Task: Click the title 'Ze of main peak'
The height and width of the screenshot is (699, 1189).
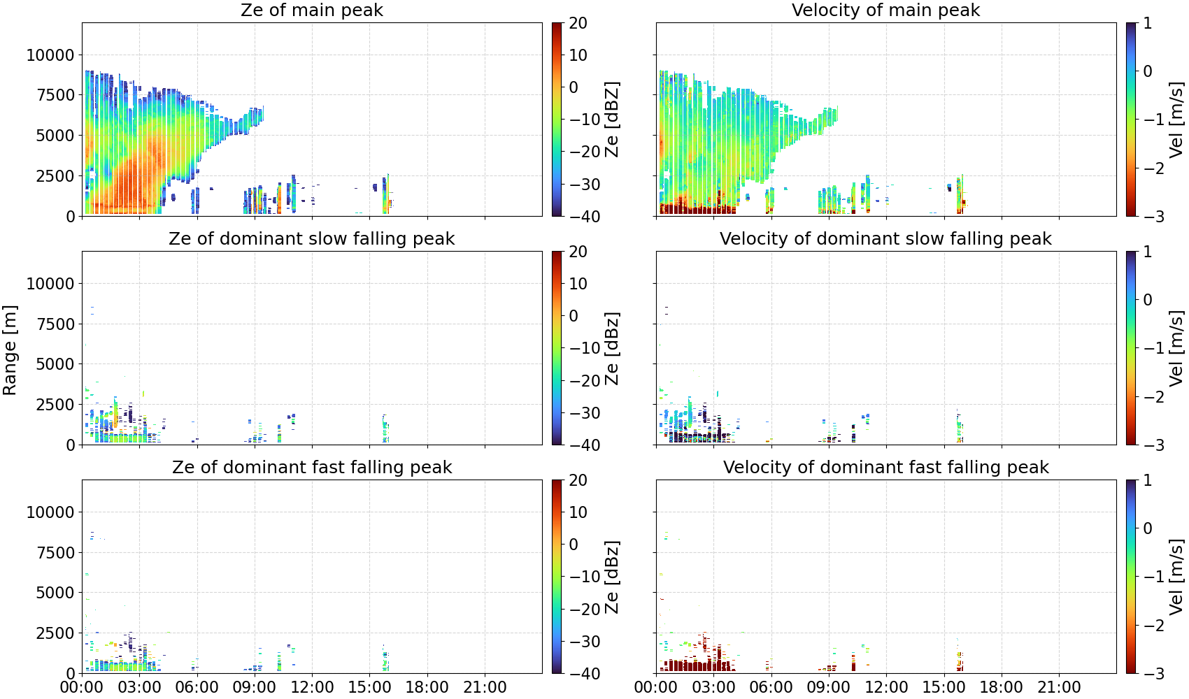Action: pyautogui.click(x=311, y=10)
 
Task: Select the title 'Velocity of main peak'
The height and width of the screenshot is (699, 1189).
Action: pyautogui.click(x=886, y=10)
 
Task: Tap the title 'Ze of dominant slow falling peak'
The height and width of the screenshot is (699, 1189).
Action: pyautogui.click(x=311, y=238)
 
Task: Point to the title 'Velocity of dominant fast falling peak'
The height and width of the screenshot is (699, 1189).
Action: pyautogui.click(x=886, y=467)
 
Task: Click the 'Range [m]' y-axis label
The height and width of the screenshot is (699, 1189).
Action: pyautogui.click(x=10, y=350)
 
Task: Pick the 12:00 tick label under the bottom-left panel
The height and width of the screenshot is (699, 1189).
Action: pyautogui.click(x=312, y=687)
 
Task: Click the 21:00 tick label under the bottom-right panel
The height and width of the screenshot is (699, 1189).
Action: pyautogui.click(x=1059, y=687)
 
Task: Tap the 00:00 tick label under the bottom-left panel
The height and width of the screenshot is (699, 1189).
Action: pyautogui.click(x=83, y=687)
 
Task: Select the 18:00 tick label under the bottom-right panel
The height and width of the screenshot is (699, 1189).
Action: pyautogui.click(x=1002, y=687)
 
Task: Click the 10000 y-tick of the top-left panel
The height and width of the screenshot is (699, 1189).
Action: pyautogui.click(x=50, y=55)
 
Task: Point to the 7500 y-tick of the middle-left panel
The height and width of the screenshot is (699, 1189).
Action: pyautogui.click(x=55, y=324)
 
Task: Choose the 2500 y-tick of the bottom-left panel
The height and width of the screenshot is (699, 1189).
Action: pyautogui.click(x=55, y=633)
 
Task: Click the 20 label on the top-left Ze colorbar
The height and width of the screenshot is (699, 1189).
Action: pyautogui.click(x=578, y=23)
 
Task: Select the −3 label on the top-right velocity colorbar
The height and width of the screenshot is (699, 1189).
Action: pyautogui.click(x=1148, y=217)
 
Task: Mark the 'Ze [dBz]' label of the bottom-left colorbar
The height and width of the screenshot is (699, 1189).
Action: pyautogui.click(x=611, y=577)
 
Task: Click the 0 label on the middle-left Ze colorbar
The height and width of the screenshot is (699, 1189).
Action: pyautogui.click(x=574, y=316)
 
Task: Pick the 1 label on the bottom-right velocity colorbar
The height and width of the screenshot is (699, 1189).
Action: pyautogui.click(x=1148, y=480)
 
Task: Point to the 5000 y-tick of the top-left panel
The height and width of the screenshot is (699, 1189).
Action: pyautogui.click(x=55, y=136)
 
